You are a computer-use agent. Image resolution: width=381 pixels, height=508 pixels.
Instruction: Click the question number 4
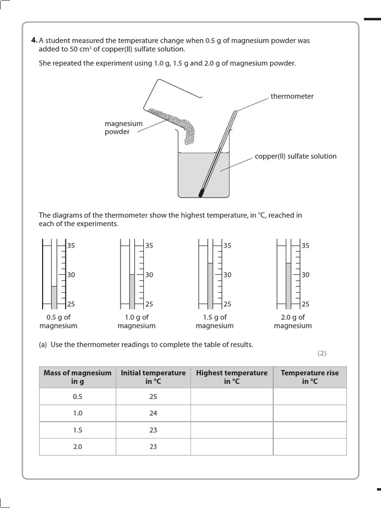coord(34,40)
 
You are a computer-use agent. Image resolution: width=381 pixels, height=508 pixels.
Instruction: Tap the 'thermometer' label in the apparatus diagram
coord(292,96)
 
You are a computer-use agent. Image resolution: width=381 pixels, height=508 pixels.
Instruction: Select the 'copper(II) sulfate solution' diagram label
coord(295,156)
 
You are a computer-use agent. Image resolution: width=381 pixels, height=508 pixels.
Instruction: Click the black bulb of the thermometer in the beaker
coord(201,192)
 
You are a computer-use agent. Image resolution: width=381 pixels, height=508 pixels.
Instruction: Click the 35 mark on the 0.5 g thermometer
coord(71,245)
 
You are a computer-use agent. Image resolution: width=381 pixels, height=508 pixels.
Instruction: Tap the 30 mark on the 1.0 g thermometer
coord(149,275)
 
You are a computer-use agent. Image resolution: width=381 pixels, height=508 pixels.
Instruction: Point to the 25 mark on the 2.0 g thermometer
coord(306,304)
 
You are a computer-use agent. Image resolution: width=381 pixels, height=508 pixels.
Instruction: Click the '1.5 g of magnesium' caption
coord(214,321)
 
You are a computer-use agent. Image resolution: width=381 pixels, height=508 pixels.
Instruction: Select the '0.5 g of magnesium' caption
coord(58,321)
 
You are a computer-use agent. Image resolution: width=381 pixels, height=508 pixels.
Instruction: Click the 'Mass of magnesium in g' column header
coord(77,377)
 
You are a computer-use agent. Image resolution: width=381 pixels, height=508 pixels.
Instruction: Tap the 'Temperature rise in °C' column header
coord(310,377)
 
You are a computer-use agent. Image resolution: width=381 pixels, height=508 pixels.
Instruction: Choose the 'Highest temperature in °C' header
coord(232,377)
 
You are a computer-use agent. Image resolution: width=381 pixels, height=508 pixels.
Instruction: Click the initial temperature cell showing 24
coord(153,413)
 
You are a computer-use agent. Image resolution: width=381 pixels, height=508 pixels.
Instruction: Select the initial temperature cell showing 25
coord(153,396)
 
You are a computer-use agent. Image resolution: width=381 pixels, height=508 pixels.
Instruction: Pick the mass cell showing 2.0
coord(77,446)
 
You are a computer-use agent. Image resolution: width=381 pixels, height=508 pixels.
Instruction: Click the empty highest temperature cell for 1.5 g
coord(232,430)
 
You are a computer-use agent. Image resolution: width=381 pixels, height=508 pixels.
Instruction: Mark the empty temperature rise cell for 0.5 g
coord(310,396)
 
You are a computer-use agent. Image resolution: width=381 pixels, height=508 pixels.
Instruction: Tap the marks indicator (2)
coord(322,353)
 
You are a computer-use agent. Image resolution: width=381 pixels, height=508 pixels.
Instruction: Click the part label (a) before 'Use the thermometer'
coord(43,345)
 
